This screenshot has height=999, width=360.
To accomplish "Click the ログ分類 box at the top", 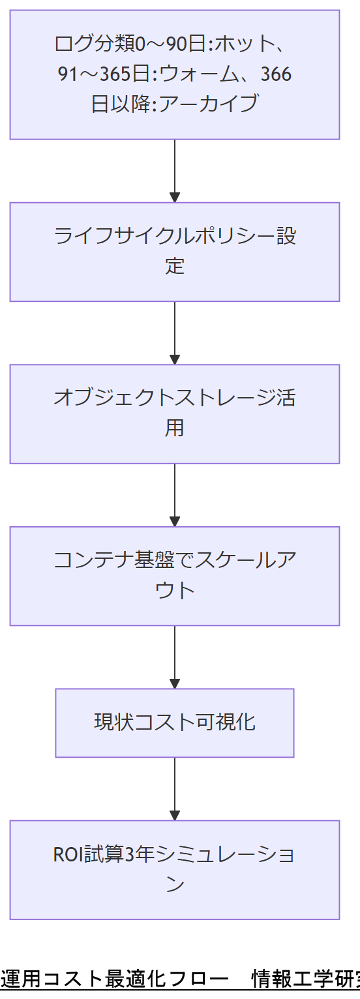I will (x=175, y=74).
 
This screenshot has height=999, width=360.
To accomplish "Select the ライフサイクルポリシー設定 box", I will (x=175, y=252).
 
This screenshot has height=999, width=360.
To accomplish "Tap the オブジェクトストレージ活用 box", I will (x=175, y=413).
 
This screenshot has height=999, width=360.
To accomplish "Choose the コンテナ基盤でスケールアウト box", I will (x=175, y=576).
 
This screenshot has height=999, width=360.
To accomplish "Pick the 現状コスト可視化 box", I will (x=175, y=723).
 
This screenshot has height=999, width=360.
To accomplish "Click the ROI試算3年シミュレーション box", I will (x=175, y=869).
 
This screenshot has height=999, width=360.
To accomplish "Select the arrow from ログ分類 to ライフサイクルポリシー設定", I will (x=175, y=170).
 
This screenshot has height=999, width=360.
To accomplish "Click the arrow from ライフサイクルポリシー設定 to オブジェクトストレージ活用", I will (x=175, y=333).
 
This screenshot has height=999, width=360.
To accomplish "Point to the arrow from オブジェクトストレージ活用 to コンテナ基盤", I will (x=175, y=495).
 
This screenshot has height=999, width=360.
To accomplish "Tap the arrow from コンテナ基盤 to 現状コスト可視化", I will (x=175, y=657).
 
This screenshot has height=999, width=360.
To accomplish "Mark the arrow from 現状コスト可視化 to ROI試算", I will (x=175, y=788).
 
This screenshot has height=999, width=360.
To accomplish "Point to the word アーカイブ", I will (x=213, y=104).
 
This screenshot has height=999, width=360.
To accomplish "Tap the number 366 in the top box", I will (x=275, y=74).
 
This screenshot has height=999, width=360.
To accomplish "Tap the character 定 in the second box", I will (x=175, y=266).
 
